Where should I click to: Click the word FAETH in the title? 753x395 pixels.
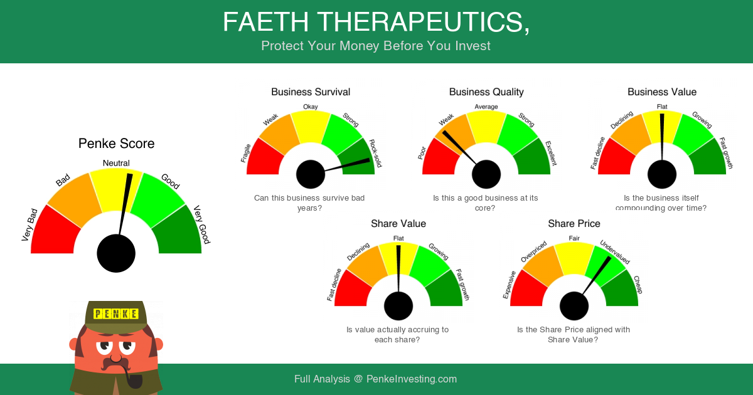coord(265,22)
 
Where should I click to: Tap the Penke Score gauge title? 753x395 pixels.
coord(116,144)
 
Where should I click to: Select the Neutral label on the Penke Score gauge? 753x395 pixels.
coord(116,163)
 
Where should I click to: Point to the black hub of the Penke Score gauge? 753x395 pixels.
coord(116,253)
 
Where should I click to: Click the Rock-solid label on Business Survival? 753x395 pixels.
coord(375,153)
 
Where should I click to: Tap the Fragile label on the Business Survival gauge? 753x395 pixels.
coord(246,153)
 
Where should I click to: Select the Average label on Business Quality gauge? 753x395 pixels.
coord(486,107)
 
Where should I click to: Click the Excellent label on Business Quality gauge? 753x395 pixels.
coord(551,153)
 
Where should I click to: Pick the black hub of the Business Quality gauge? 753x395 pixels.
coord(486,174)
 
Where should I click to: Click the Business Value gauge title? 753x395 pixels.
coord(662,92)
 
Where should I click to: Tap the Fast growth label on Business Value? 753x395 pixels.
coord(726,153)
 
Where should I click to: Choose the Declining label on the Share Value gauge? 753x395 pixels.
coord(358,251)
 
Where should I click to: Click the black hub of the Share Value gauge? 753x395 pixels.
coord(398,306)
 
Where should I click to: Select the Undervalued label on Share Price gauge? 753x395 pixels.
coord(615,252)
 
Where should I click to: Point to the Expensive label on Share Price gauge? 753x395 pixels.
coord(509,285)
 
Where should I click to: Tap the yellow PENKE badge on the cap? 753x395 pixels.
coord(116,314)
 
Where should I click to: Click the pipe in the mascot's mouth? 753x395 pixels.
coord(132,378)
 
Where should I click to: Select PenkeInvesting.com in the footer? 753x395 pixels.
coord(412,379)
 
